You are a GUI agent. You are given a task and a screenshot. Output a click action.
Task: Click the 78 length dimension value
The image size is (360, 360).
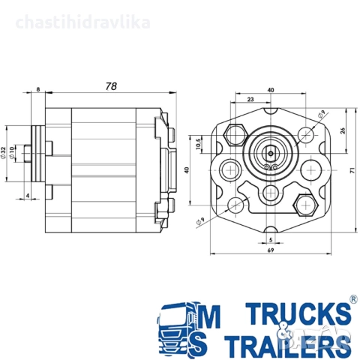pos(111,86)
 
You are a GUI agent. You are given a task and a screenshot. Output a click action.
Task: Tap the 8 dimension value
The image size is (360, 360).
pos(38,89)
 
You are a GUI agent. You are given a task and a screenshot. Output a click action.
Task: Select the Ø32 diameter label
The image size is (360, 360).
pos(3,153)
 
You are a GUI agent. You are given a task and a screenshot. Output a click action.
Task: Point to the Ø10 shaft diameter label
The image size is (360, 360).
pos(11,152)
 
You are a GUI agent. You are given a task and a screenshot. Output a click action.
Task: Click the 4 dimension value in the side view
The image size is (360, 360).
pos(28,195)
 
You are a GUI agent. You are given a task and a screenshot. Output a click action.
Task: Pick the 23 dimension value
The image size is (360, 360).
pos(250,99)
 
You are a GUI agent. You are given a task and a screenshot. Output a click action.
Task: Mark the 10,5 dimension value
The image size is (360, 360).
pos(199,144)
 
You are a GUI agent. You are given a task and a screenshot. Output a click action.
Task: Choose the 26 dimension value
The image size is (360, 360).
pos(343,130)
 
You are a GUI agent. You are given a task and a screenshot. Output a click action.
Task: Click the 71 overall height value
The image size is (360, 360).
pos(352,171)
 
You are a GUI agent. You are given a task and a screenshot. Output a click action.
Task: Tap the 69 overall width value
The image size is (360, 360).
pos(271,250)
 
